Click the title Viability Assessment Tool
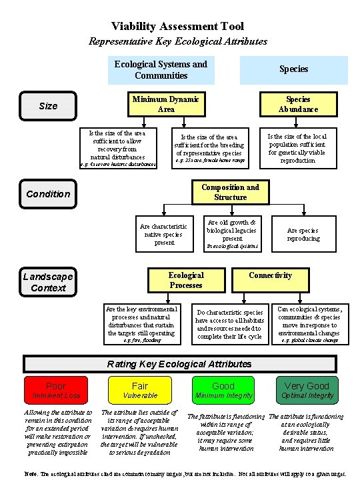(x=178, y=27)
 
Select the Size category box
(x=48, y=105)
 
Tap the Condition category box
(x=48, y=194)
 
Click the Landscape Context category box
(x=48, y=282)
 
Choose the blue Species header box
(x=293, y=69)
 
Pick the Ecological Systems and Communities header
(x=161, y=69)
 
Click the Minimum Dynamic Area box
(x=165, y=105)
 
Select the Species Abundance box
(x=298, y=105)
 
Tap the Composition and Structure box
(x=230, y=192)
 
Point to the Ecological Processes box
(x=186, y=280)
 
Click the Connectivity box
(x=270, y=275)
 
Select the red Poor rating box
(x=56, y=390)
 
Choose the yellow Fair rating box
(x=140, y=390)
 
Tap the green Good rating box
(x=223, y=390)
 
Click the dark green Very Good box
(x=307, y=390)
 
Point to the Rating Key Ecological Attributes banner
(x=180, y=364)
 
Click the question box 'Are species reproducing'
(x=303, y=233)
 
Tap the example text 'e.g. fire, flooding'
(x=142, y=340)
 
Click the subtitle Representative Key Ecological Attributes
(x=178, y=41)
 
